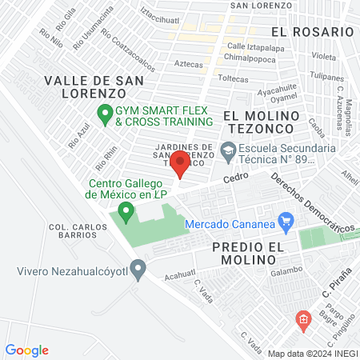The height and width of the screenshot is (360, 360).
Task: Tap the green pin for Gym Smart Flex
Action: point(104,114)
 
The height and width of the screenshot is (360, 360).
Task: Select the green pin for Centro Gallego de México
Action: point(125,212)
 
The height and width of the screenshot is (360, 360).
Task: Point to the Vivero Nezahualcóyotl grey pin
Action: point(139,270)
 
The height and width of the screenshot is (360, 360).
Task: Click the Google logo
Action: point(27,350)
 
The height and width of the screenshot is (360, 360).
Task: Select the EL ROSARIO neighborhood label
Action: point(311,31)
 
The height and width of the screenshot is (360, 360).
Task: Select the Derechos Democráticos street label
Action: point(314,206)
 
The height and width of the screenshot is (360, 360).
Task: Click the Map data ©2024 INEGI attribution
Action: point(311,354)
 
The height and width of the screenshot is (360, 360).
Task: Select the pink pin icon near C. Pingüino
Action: point(302,322)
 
